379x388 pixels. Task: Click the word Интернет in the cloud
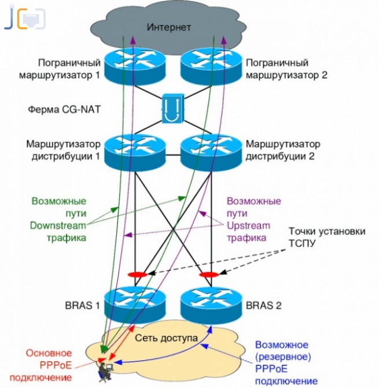(x=169, y=27)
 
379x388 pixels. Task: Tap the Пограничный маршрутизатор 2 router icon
(x=208, y=63)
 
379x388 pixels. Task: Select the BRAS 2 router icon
(x=208, y=304)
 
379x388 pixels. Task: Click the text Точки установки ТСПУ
(x=328, y=237)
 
